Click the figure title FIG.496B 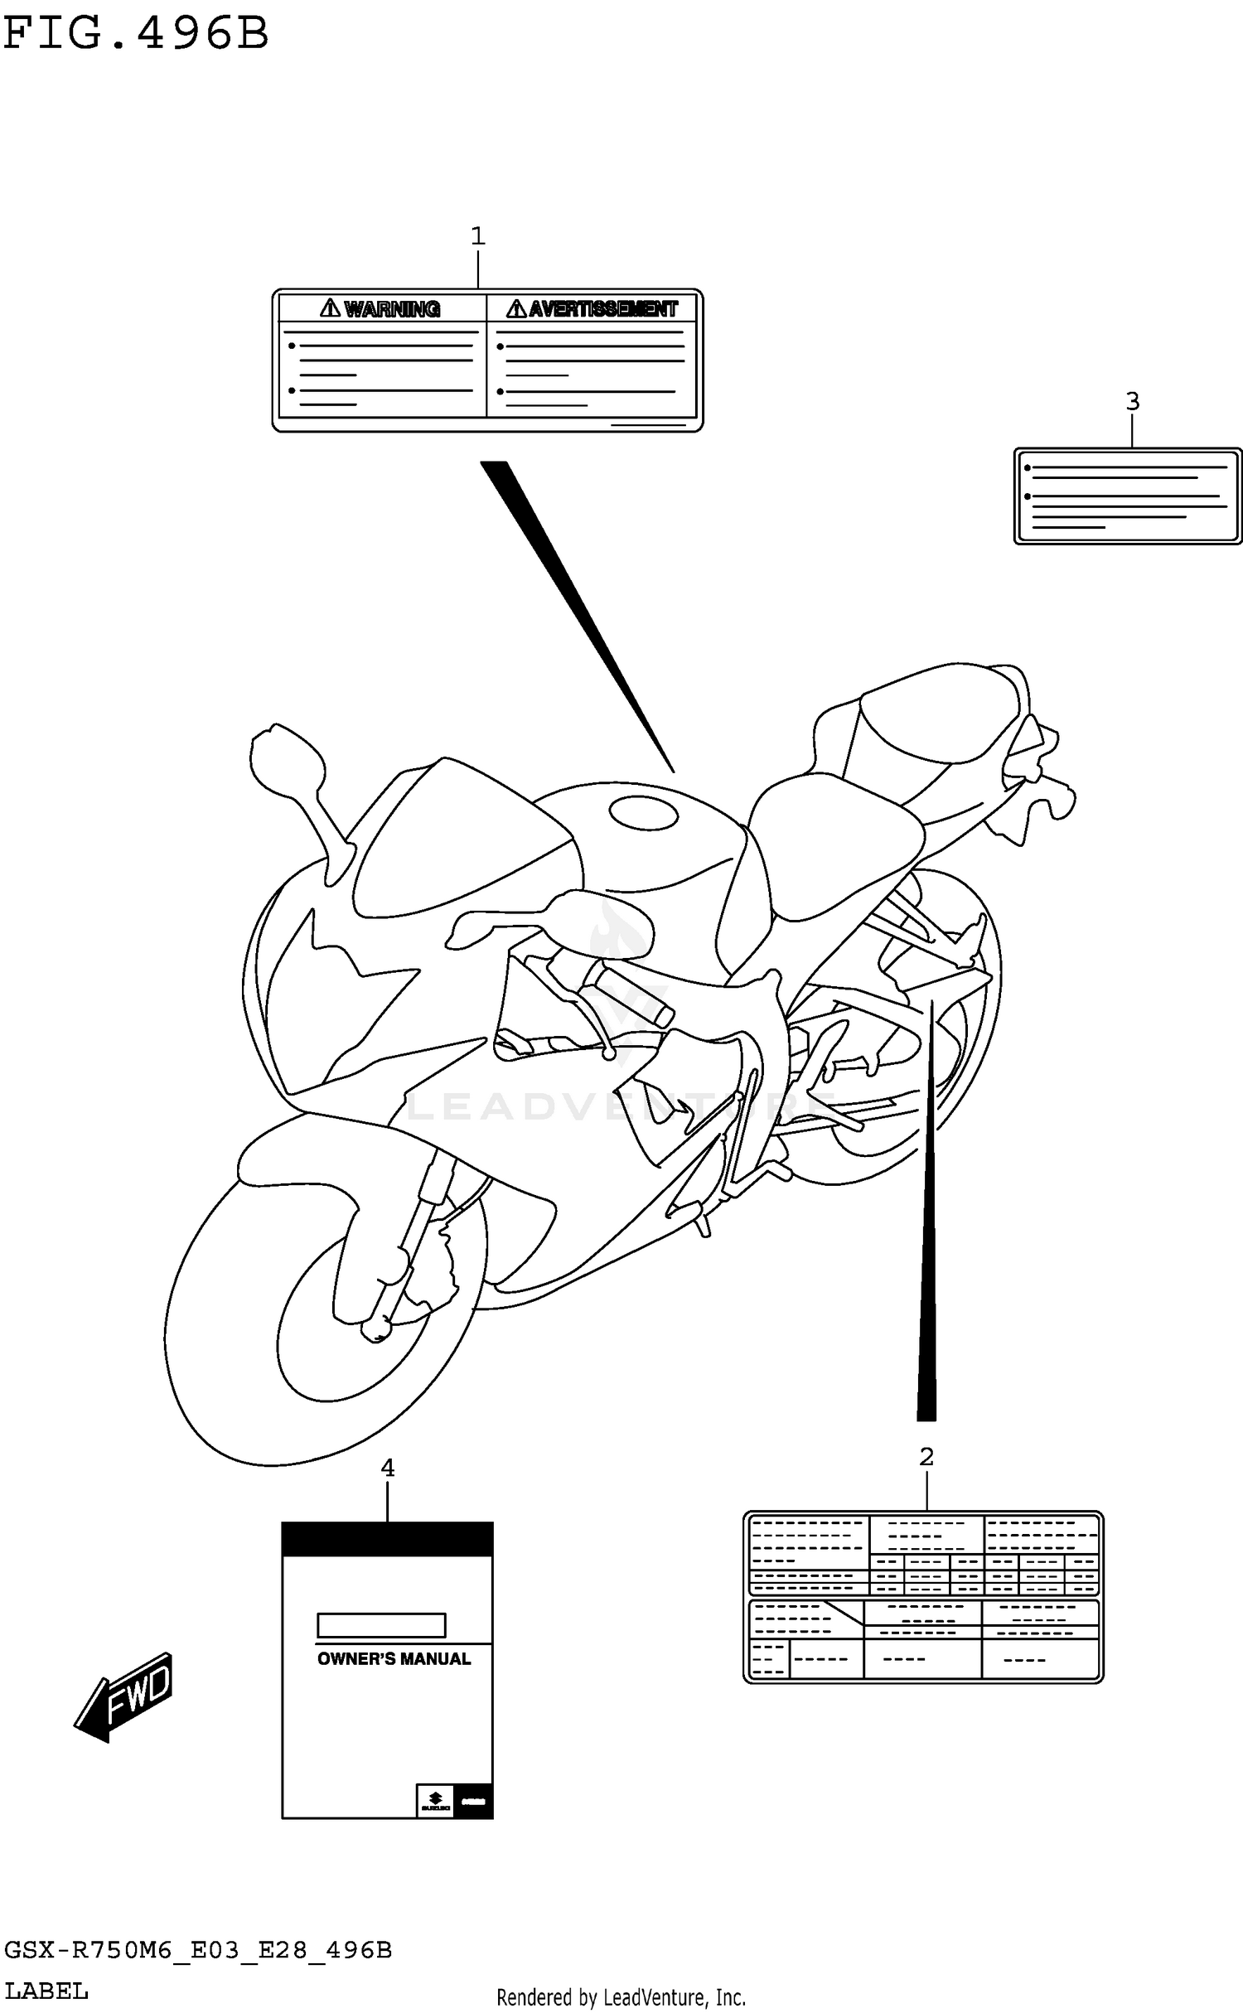tap(137, 35)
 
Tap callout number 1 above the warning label tap(477, 237)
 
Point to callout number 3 tap(1132, 402)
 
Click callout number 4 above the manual tap(387, 1469)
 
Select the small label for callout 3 tap(1128, 496)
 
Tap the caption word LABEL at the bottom tap(46, 1991)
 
